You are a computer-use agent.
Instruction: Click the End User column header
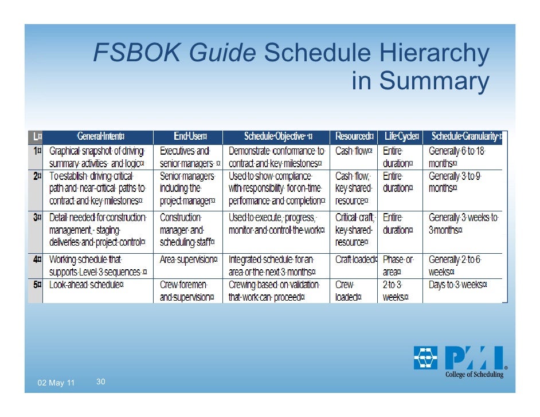(x=190, y=136)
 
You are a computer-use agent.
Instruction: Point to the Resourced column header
(x=354, y=136)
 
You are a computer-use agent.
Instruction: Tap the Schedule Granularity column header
(x=465, y=136)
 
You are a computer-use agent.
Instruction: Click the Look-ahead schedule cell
(x=87, y=285)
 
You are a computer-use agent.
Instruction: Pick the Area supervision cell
(x=189, y=259)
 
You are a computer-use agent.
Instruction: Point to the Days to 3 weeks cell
(x=458, y=285)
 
